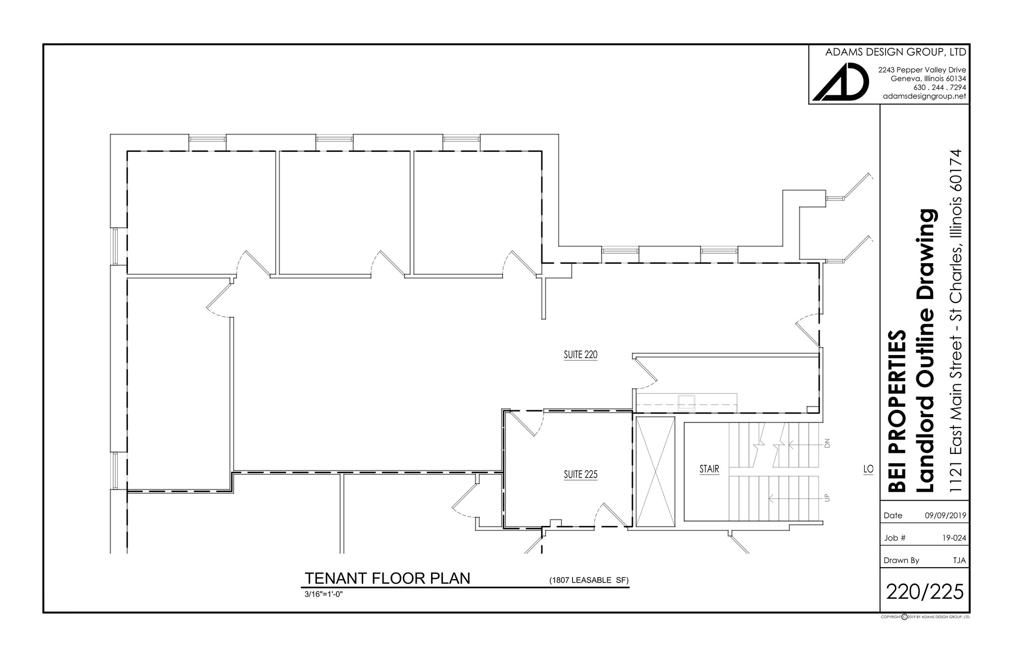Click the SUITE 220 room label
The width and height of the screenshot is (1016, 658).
click(580, 355)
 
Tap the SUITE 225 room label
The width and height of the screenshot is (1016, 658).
click(580, 475)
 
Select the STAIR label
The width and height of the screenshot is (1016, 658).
click(709, 469)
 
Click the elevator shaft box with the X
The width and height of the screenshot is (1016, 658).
click(655, 472)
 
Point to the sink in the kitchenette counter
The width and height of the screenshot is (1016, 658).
click(687, 402)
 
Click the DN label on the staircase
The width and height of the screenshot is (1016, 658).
click(827, 443)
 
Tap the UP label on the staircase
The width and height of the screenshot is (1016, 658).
click(827, 498)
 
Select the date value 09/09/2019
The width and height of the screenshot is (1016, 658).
click(945, 515)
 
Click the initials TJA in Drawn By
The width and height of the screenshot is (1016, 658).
click(959, 560)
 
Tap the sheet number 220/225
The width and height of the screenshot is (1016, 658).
click(925, 591)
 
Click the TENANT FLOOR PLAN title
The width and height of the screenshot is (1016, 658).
click(387, 579)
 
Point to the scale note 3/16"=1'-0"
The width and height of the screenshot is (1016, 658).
click(323, 594)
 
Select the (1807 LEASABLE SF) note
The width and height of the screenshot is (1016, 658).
click(588, 580)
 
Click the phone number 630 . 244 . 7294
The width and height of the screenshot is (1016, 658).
click(939, 87)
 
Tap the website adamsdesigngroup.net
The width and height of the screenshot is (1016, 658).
click(924, 96)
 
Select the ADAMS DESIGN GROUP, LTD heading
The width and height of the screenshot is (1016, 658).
click(895, 52)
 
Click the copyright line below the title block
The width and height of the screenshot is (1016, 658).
click(925, 617)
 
